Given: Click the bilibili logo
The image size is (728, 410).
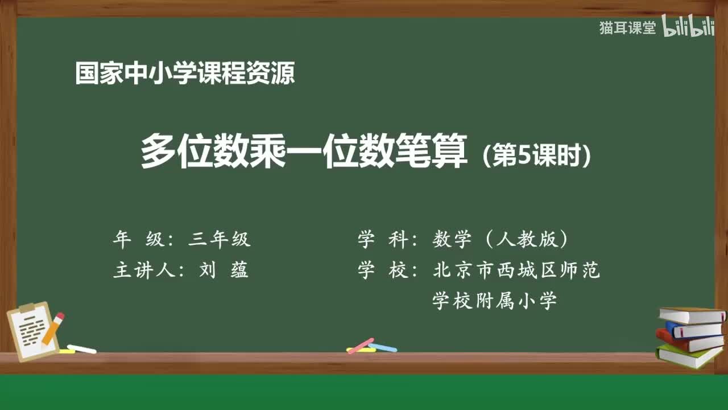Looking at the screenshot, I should click(x=688, y=28).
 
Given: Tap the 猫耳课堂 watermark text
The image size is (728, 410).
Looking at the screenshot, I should click(x=627, y=28).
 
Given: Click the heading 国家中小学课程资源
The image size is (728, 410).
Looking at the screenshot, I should click(x=185, y=73).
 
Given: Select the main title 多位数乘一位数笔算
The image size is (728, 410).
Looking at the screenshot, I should click(x=304, y=151).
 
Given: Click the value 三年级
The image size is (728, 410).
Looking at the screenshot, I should click(x=220, y=240).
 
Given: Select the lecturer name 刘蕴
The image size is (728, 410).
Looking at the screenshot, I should click(x=224, y=270).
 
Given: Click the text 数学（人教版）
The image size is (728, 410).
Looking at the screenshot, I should click(x=500, y=240).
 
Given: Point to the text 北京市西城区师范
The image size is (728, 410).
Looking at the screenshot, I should click(x=516, y=270).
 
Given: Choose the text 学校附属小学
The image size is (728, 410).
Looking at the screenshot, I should click(x=494, y=300).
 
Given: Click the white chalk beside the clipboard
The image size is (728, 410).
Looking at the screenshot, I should click(x=82, y=348).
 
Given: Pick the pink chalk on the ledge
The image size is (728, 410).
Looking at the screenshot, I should click(x=360, y=345).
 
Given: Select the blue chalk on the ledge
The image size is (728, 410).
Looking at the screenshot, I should click(x=383, y=347).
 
